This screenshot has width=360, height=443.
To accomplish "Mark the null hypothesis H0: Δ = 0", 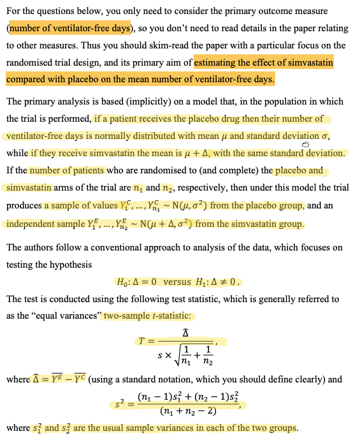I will coord(137,282).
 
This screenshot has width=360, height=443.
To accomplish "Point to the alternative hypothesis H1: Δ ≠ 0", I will coord(220,282).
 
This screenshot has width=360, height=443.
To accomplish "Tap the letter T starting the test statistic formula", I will coord(143,341).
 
